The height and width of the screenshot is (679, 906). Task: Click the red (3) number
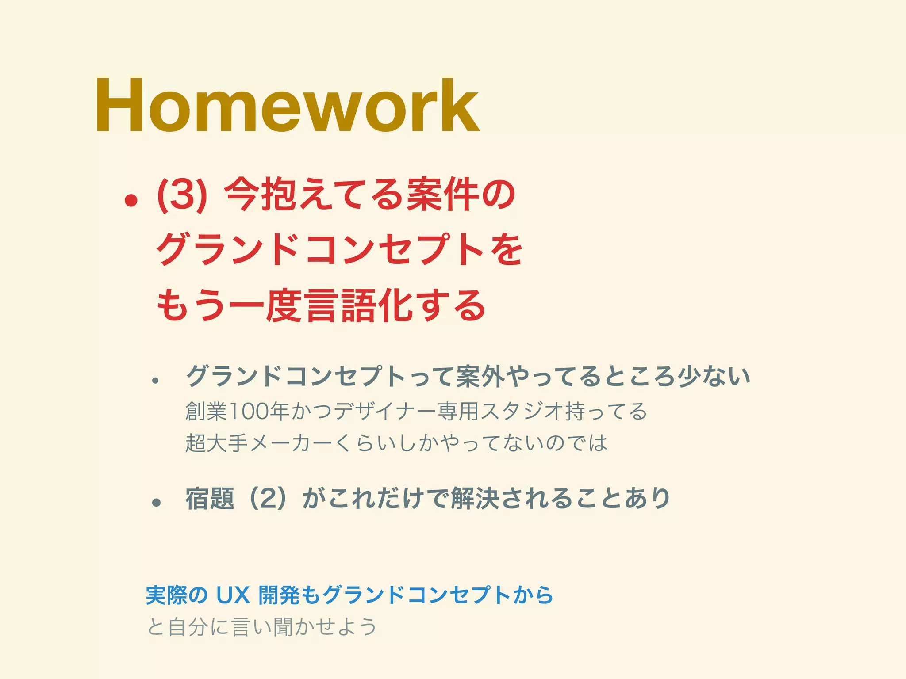coord(182,195)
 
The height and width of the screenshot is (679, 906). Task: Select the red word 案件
coord(443,195)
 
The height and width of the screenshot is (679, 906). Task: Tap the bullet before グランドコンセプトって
coord(155,381)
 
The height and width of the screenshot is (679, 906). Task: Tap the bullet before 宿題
coord(156,502)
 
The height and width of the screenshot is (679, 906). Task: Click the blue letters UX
coord(233,595)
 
